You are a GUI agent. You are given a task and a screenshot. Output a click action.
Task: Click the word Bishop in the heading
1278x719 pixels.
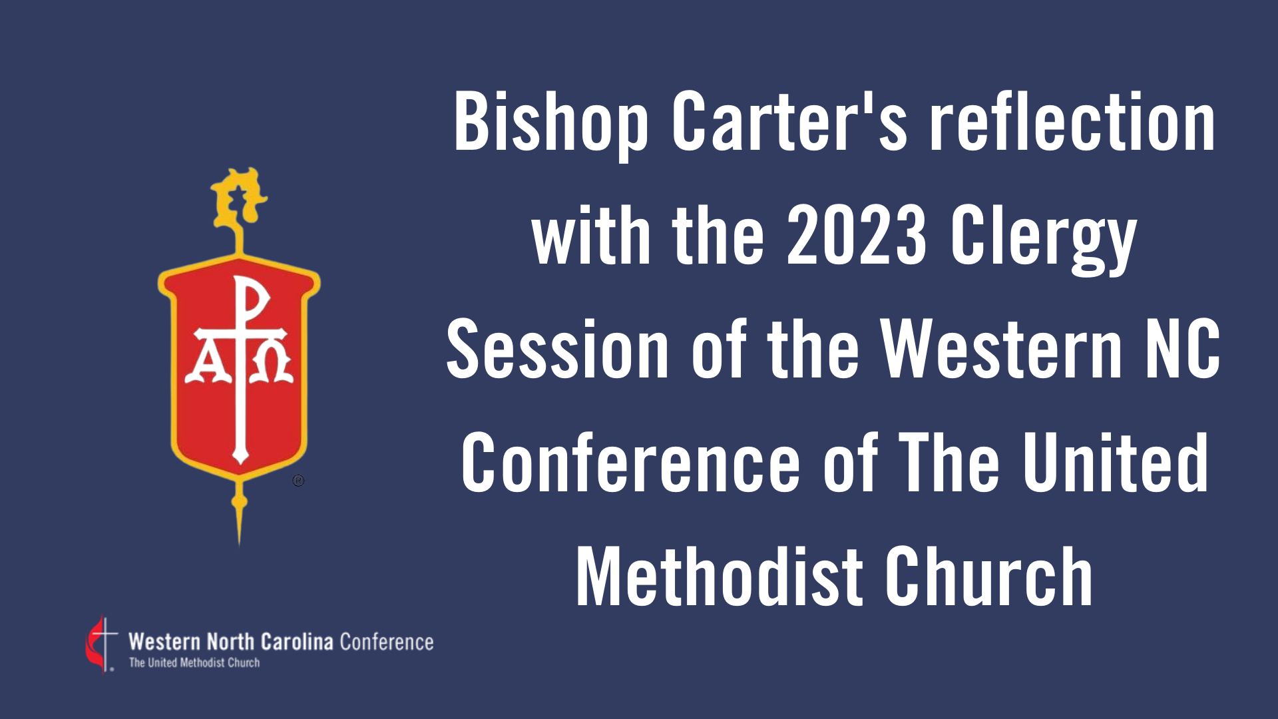click(x=551, y=124)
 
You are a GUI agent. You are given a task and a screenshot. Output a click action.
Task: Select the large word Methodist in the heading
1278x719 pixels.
click(x=720, y=576)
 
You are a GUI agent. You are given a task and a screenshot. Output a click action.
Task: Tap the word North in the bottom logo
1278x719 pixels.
click(x=230, y=642)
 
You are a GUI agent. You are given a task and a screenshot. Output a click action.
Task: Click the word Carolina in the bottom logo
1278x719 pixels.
click(x=297, y=642)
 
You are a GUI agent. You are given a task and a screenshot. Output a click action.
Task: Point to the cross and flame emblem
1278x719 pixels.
click(x=101, y=644)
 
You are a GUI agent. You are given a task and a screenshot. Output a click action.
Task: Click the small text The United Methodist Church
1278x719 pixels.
click(x=194, y=663)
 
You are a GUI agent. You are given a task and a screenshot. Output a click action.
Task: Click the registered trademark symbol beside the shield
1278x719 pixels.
click(x=298, y=481)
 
